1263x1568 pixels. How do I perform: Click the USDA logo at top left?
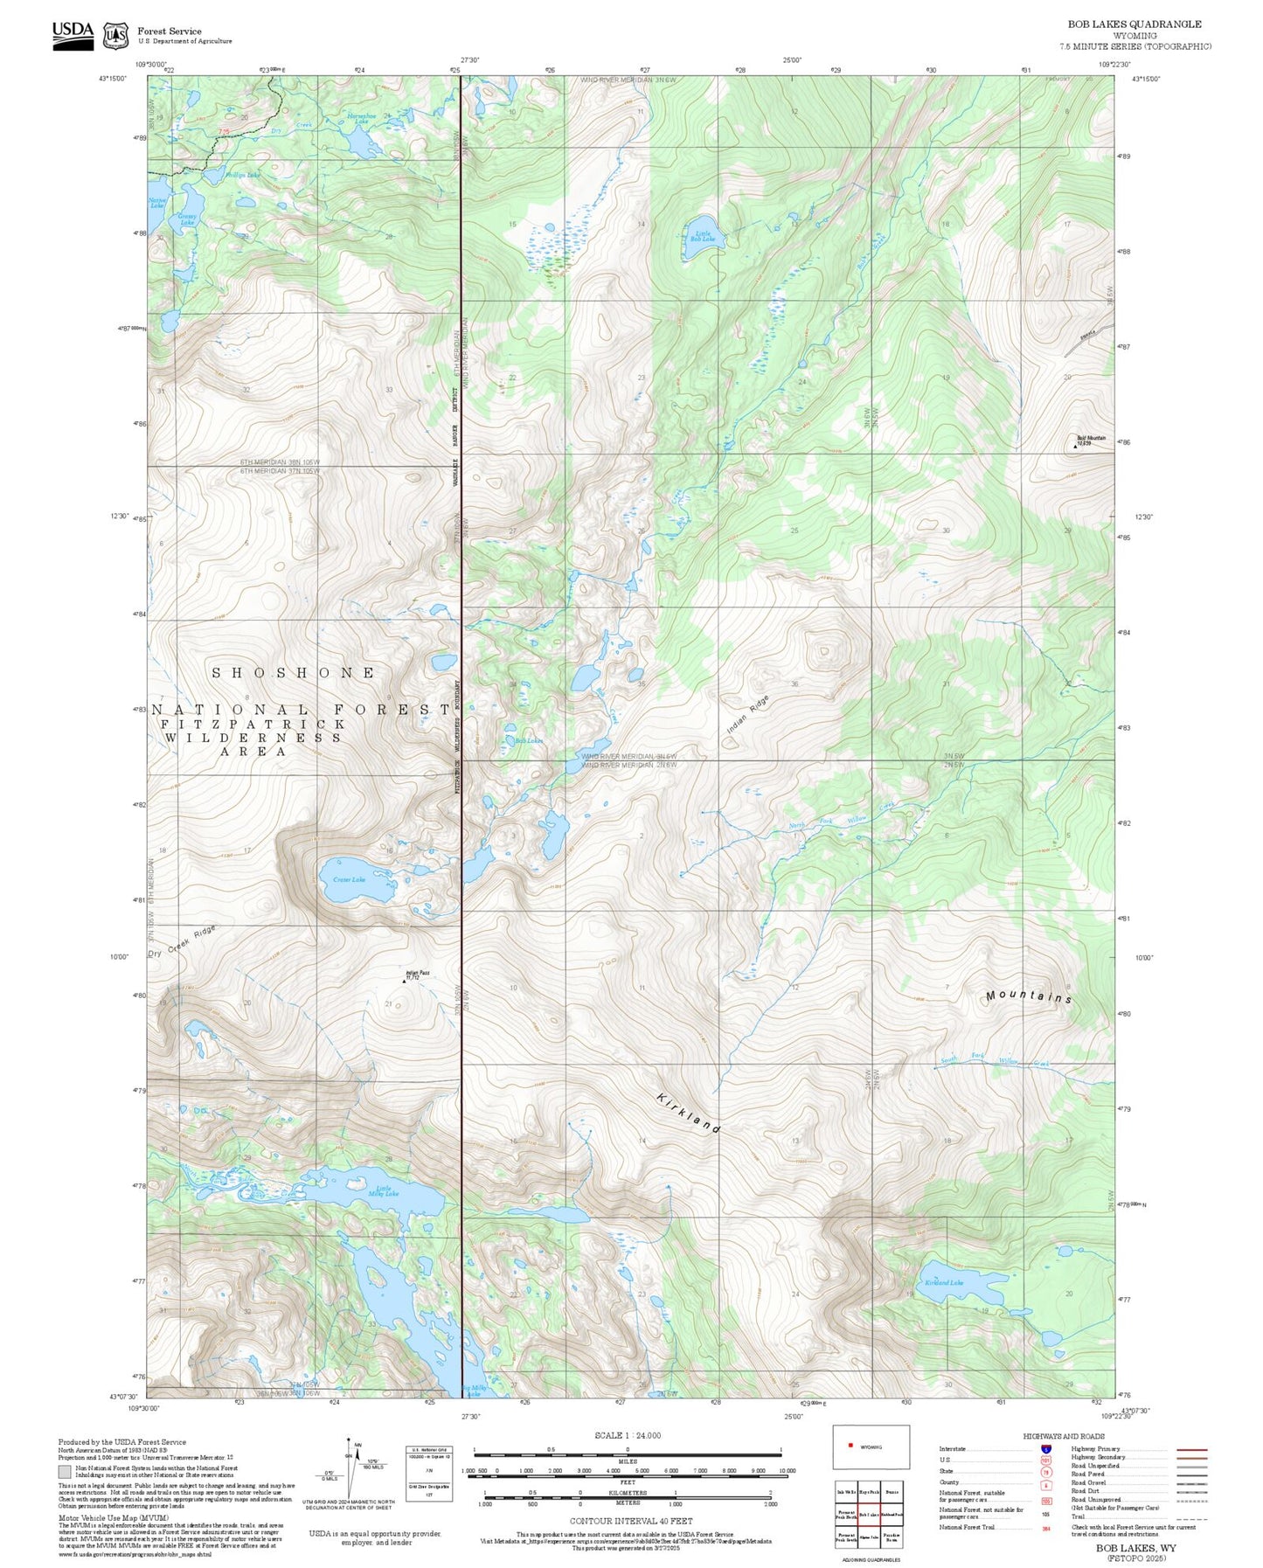[73, 34]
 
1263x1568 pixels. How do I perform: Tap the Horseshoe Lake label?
[361, 118]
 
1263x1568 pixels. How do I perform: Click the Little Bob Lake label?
[704, 236]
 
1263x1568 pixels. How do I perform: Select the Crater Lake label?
[350, 879]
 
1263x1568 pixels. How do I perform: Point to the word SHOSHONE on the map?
[295, 673]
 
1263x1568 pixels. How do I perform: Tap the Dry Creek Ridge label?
[181, 941]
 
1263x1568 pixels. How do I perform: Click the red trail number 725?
[224, 132]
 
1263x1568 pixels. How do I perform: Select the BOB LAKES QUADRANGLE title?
[1135, 24]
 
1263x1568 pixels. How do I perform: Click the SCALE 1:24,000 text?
[627, 1435]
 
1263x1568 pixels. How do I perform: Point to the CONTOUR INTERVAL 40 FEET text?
[630, 1521]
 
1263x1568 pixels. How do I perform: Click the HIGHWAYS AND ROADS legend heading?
[1064, 1436]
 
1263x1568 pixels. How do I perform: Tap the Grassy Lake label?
[187, 219]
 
